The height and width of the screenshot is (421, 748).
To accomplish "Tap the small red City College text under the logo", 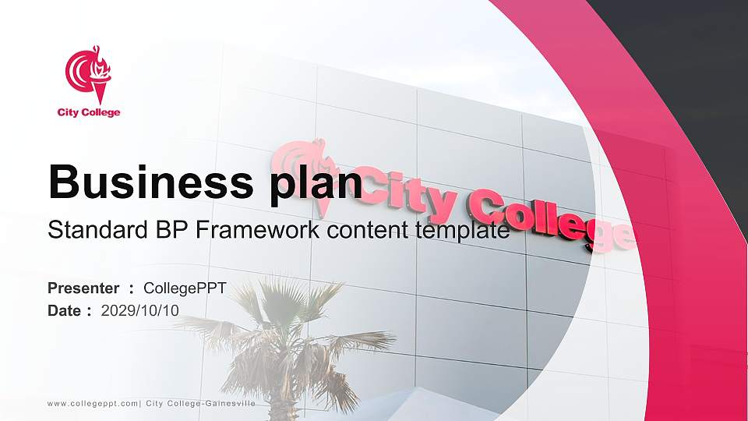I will pos(89,112).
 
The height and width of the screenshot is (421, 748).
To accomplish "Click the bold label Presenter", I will pos(83,288).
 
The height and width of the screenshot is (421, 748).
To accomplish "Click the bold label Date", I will pos(65,310).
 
